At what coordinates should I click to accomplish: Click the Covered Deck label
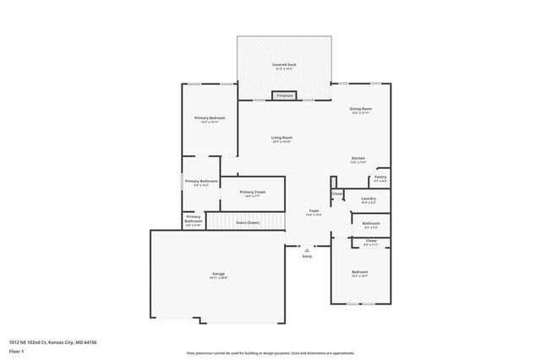[x=283, y=64]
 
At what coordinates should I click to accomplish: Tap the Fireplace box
[x=285, y=95]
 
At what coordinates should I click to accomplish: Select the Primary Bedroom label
[x=209, y=117]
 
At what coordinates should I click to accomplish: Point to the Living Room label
[x=281, y=138]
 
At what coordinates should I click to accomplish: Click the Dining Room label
[x=361, y=109]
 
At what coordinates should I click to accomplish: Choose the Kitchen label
[x=358, y=158]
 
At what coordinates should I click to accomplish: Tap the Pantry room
[x=380, y=177]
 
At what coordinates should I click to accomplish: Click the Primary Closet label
[x=253, y=192]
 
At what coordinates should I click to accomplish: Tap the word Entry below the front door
[x=306, y=256]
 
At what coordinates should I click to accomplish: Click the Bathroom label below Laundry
[x=370, y=223]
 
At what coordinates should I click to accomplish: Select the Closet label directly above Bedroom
[x=370, y=241]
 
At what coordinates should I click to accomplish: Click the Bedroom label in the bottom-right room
[x=360, y=271]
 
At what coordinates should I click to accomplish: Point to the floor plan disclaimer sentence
[x=270, y=352]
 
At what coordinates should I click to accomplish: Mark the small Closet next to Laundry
[x=337, y=194]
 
